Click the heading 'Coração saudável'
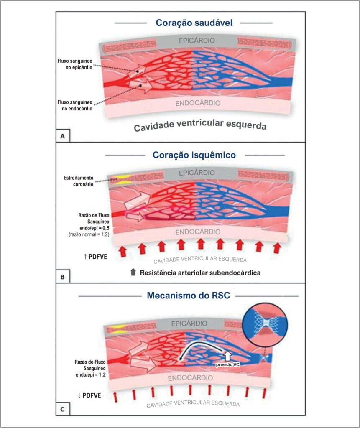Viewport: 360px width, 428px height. point(194,23)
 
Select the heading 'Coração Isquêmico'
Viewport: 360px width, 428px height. point(194,155)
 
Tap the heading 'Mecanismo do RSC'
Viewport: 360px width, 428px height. point(189,296)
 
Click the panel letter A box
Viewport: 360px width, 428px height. point(63,136)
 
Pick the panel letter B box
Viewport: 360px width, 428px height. point(63,277)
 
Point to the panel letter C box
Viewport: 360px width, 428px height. point(63,409)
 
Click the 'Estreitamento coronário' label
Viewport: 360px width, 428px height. point(79,181)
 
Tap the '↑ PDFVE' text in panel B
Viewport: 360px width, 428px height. point(95,257)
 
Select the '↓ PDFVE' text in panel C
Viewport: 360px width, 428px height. point(89,395)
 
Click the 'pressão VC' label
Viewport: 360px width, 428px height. point(228,364)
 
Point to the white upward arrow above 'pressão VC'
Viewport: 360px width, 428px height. point(227,355)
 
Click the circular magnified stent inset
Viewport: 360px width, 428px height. point(265,324)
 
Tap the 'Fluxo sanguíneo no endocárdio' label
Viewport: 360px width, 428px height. point(75,105)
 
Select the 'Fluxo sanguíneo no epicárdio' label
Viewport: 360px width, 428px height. point(75,64)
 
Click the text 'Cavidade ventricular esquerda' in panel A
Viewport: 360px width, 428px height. point(200,125)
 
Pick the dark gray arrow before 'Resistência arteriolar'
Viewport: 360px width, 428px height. point(133,272)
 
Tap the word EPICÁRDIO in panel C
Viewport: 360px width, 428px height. point(189,324)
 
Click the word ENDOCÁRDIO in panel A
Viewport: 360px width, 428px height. point(198,103)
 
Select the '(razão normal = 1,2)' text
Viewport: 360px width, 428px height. point(89,234)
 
